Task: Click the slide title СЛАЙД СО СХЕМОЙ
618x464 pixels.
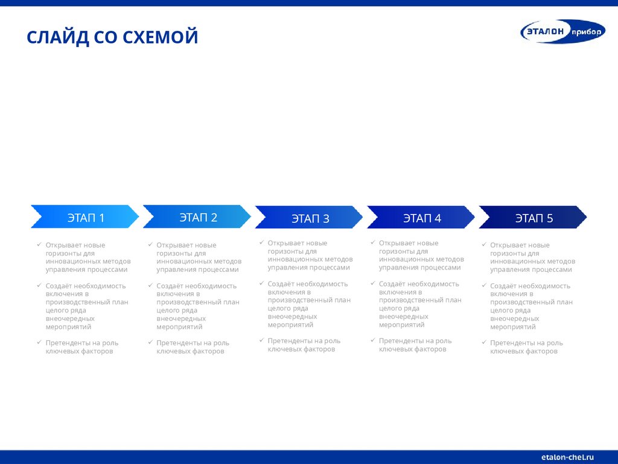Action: pos(112,37)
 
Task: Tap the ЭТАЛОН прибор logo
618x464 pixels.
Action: pos(562,31)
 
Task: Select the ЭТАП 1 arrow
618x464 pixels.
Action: pos(85,217)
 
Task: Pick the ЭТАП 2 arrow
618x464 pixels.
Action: pos(197,217)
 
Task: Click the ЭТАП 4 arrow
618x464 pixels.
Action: pos(421,217)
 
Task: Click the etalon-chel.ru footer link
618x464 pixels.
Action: pos(568,457)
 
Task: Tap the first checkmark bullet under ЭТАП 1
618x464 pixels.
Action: pos(39,245)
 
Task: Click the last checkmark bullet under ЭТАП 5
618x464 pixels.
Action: pos(484,343)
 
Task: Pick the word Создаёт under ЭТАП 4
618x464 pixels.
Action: pos(392,284)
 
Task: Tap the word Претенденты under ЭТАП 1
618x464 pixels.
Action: pos(68,343)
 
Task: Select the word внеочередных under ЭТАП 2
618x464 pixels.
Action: pos(181,318)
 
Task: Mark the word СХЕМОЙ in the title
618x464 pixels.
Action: pos(161,37)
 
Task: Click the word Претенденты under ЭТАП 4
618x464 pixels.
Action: pos(401,341)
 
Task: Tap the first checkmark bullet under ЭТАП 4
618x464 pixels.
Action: pos(372,242)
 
